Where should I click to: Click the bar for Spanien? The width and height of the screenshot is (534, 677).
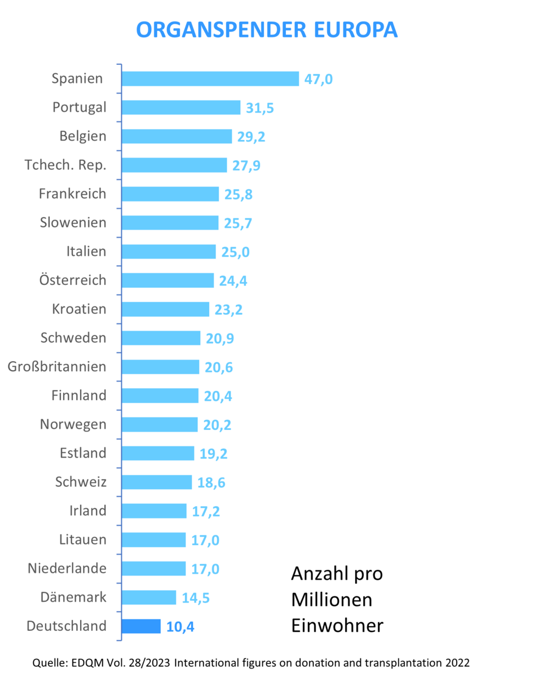point(210,78)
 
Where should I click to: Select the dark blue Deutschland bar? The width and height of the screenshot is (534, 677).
point(141,626)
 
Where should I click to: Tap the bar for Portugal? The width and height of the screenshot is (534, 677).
point(180,108)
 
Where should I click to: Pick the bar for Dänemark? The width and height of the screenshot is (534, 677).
point(149,597)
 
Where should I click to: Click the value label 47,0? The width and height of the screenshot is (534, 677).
point(319,79)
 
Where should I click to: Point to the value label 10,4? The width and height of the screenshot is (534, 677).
point(181,626)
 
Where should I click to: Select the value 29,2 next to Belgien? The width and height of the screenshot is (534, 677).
point(251,137)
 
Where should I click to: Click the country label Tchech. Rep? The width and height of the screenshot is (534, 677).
point(65,165)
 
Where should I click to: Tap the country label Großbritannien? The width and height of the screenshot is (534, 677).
point(57,367)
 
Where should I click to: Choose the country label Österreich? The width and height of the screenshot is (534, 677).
point(73,280)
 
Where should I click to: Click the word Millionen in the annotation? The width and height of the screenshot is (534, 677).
point(332,600)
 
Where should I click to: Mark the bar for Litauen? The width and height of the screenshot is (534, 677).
point(153,540)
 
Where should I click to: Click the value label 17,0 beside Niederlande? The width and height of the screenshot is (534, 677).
point(205,569)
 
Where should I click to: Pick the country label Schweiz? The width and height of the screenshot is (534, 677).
point(81,482)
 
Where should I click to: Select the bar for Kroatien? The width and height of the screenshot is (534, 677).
point(165,309)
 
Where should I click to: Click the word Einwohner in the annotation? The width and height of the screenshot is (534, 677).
point(337,626)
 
